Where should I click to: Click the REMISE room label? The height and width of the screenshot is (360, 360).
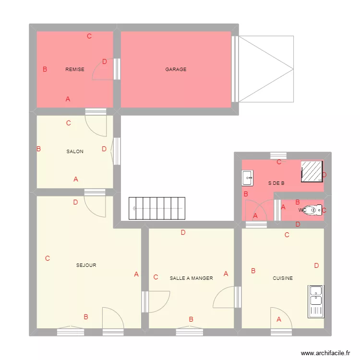75,70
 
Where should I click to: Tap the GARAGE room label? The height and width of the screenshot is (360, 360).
176,70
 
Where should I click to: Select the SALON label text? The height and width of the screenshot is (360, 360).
75,152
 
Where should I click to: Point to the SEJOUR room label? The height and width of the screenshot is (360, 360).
86,265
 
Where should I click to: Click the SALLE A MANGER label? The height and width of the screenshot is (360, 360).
191,278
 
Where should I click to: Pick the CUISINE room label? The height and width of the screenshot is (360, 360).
283,278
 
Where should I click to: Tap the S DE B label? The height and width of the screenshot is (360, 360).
276,183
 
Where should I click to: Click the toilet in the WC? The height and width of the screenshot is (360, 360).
315,210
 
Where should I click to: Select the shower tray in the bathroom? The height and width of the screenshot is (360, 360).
312,171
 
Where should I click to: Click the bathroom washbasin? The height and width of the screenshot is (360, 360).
248,178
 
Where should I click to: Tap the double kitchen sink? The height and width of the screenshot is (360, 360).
316,301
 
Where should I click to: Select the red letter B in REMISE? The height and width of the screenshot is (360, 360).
45,69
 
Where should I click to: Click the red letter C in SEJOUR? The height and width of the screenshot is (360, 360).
48,258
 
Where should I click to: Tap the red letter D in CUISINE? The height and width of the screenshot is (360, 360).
316,265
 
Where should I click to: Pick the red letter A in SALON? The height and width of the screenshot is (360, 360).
76,179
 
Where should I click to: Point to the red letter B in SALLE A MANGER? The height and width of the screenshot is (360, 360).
191,319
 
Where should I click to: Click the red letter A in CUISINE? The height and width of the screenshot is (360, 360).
279,319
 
